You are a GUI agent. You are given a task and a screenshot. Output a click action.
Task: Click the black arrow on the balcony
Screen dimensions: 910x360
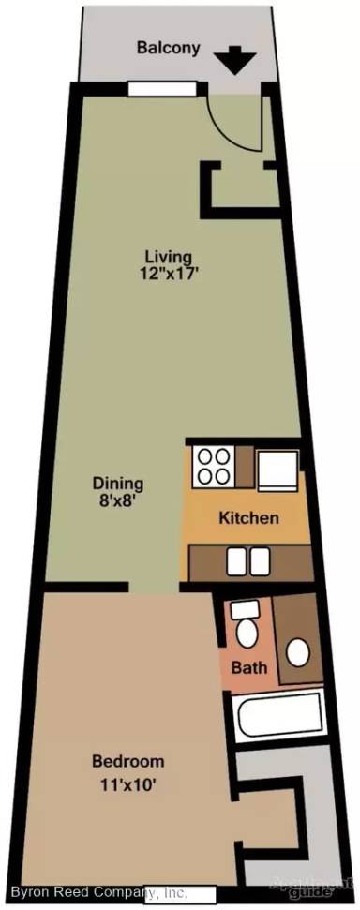(236, 62)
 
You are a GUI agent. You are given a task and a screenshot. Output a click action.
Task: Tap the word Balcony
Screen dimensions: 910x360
(168, 48)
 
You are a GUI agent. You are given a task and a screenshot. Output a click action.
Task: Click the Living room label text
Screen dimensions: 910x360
(168, 256)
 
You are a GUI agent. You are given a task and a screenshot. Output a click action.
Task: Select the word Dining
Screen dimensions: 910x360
(117, 484)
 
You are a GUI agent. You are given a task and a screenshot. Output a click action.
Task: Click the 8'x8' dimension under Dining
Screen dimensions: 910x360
(117, 501)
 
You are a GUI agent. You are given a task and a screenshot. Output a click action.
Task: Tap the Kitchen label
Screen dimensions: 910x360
(248, 517)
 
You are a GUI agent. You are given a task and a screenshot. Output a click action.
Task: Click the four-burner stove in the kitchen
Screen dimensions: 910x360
(214, 467)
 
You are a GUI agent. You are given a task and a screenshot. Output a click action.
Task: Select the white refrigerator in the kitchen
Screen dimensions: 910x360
(277, 467)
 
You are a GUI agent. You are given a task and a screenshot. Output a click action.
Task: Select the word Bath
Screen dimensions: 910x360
(250, 669)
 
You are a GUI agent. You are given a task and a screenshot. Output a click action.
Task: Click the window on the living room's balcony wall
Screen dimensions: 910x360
(161, 89)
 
